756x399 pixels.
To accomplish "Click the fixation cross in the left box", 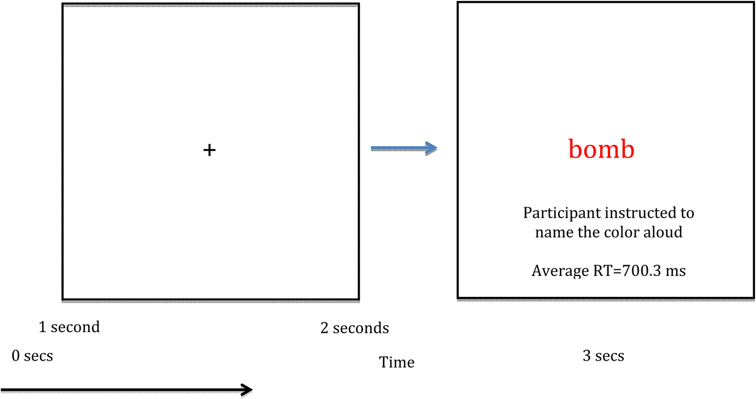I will click(x=209, y=150).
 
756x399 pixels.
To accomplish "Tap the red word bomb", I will click(x=601, y=150).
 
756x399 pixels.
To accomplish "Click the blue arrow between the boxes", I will click(x=404, y=148).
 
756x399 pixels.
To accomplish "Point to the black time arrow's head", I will click(x=247, y=390).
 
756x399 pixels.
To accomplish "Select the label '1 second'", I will click(x=69, y=327).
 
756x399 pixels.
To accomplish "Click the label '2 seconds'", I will click(x=354, y=328).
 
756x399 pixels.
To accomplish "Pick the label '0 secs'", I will click(x=32, y=356).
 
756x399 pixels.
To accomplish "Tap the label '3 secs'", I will click(x=603, y=356).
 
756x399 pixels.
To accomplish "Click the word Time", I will click(x=397, y=362).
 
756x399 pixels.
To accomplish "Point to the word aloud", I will click(x=664, y=232).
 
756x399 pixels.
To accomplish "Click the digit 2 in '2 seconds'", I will click(x=325, y=328).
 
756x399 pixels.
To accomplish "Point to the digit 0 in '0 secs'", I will click(x=16, y=356).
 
